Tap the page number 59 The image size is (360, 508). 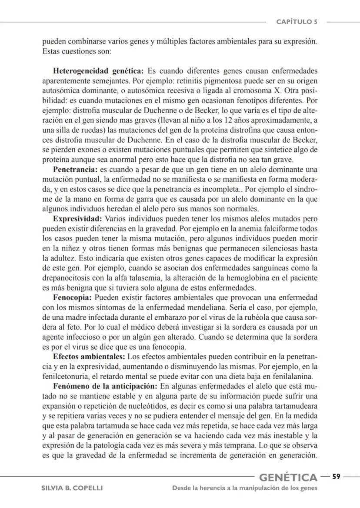click(x=336, y=476)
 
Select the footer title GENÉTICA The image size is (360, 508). click(x=288, y=478)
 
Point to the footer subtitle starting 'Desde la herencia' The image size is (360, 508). click(x=245, y=488)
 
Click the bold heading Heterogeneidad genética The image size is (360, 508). click(x=99, y=71)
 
